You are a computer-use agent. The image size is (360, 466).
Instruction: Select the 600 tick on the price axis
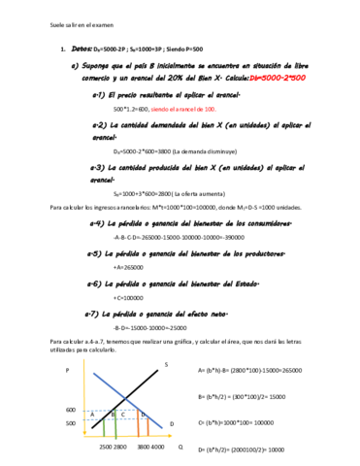pyautogui.click(x=70, y=411)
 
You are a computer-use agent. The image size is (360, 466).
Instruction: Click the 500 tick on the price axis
pyautogui.click(x=70, y=423)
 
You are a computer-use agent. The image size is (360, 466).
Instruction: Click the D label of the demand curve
pyautogui.click(x=172, y=424)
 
